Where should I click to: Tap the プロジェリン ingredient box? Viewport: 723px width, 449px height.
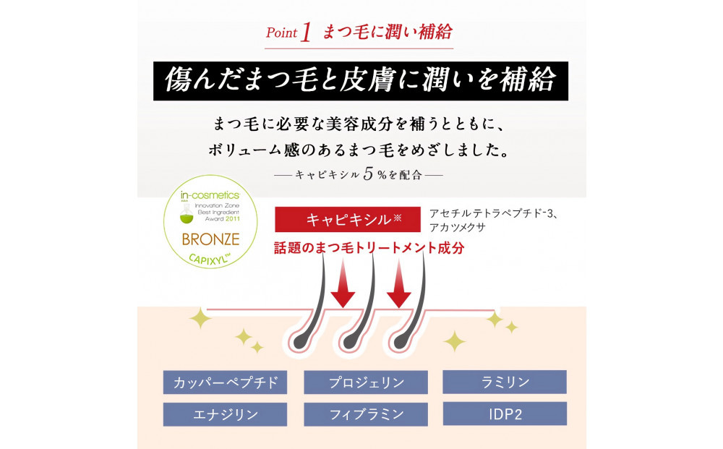(366, 382)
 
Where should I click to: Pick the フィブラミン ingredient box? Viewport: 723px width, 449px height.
(366, 414)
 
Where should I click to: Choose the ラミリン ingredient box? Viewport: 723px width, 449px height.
(505, 381)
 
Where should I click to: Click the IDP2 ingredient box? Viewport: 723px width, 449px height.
(505, 414)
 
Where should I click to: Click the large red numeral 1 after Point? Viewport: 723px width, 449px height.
(306, 33)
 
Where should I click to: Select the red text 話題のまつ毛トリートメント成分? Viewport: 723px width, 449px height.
(369, 247)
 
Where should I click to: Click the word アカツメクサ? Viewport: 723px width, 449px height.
(457, 227)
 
